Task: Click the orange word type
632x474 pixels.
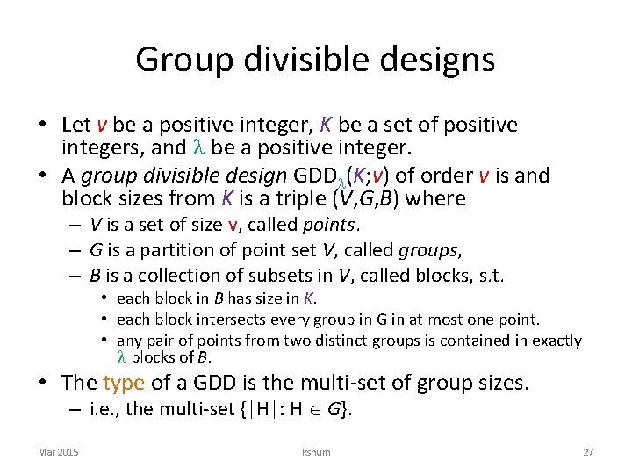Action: click(x=123, y=383)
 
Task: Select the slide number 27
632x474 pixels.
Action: click(x=588, y=452)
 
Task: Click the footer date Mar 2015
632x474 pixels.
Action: click(x=58, y=452)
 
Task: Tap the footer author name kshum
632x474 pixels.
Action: click(x=315, y=452)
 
